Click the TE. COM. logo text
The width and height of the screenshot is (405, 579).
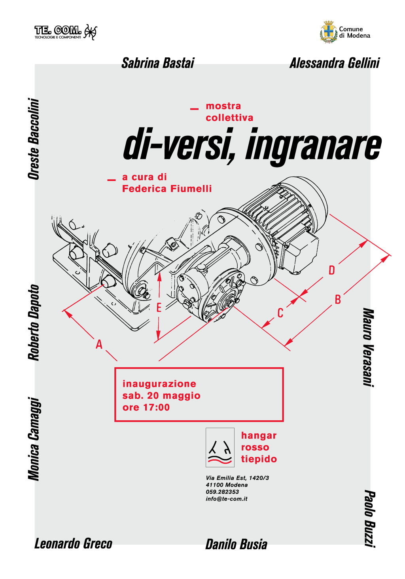(x=58, y=30)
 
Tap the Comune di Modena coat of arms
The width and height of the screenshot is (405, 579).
(x=329, y=32)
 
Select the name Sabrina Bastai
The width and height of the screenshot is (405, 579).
(x=158, y=63)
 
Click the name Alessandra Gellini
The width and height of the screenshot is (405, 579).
(x=335, y=63)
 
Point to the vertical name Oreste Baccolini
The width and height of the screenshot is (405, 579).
(x=34, y=139)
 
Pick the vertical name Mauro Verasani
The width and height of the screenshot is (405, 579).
(x=369, y=347)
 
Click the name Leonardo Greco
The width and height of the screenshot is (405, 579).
(x=73, y=544)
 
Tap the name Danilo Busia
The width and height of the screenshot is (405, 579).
(x=237, y=544)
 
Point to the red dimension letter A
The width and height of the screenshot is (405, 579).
(x=99, y=345)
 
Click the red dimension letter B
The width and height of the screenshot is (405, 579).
(x=338, y=300)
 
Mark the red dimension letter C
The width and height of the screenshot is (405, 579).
(x=280, y=313)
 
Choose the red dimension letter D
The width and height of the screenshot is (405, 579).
(x=332, y=270)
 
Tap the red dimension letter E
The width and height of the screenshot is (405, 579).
(x=159, y=308)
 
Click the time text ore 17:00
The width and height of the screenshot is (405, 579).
(x=146, y=407)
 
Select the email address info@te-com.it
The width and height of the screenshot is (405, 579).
(x=227, y=499)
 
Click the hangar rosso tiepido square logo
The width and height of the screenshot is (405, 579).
(x=220, y=448)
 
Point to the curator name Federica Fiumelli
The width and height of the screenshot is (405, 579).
(x=167, y=189)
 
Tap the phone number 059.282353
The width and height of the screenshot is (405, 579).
(x=222, y=492)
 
